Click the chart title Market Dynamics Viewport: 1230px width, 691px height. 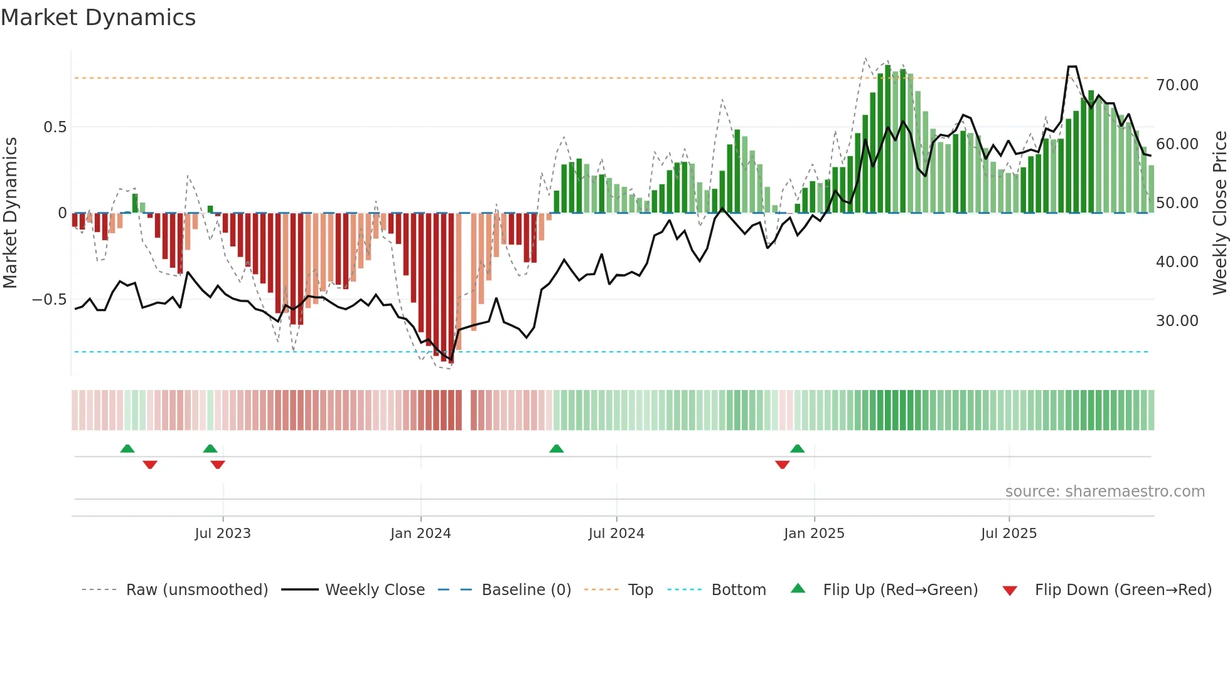(98, 18)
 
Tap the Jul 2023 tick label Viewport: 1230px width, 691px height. (222, 534)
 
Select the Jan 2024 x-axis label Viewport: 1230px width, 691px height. (420, 534)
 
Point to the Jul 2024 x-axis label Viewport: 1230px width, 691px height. (616, 534)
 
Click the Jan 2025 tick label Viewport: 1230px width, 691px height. (814, 534)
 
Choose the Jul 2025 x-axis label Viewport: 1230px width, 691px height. (1008, 534)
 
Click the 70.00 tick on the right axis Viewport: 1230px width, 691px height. (1177, 85)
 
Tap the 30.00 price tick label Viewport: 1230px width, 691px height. (1177, 321)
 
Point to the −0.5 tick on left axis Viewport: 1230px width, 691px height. (49, 300)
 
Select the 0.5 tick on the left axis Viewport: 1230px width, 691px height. (55, 127)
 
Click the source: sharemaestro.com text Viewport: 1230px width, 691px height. (1104, 492)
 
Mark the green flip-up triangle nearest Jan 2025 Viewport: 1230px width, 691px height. (797, 449)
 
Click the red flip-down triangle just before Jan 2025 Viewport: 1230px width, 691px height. (782, 465)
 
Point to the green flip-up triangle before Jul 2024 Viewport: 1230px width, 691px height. (556, 449)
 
